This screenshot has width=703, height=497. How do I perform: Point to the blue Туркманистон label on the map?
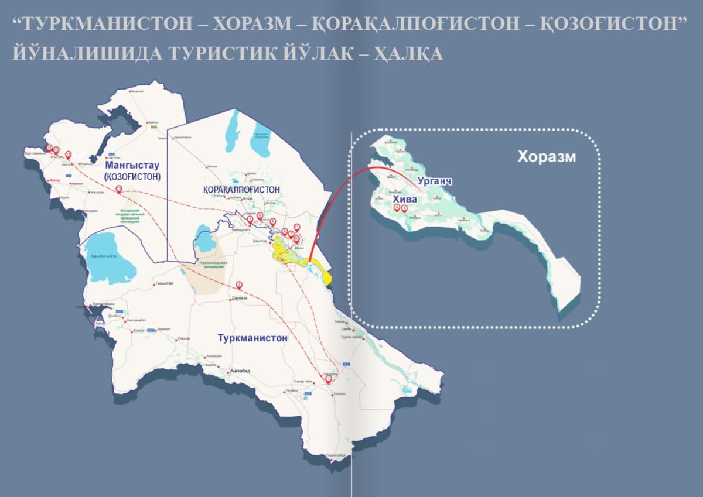252,338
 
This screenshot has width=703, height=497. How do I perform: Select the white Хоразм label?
547,157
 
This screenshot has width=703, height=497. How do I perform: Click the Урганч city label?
434,182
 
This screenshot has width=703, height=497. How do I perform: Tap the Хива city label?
405,200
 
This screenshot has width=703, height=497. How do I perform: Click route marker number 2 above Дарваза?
239,285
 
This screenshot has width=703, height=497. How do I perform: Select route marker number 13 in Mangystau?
119,188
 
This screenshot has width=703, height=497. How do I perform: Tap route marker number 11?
297,227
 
